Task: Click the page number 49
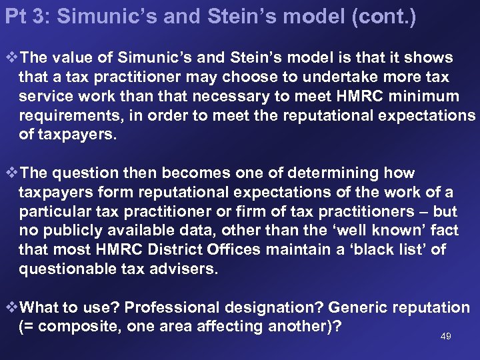click(446, 337)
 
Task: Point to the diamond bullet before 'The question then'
click(11, 173)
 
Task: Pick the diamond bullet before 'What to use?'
click(11, 308)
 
